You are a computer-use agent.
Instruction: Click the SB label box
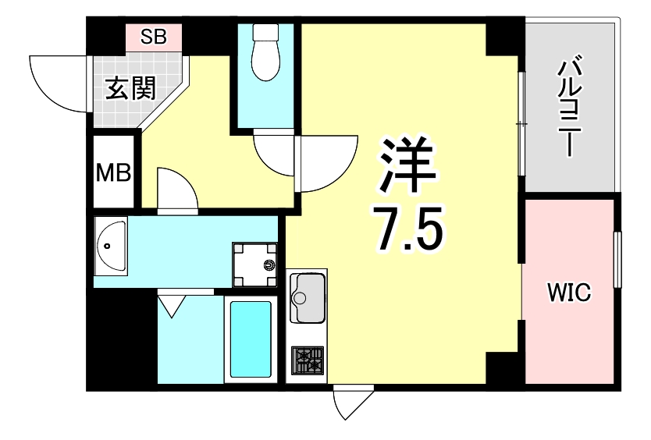point(154,36)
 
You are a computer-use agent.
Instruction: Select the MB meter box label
point(113,172)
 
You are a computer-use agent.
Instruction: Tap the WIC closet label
point(568,292)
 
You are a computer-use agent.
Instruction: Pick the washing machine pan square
point(254,264)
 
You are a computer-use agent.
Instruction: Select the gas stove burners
point(308,360)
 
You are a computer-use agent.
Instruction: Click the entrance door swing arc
point(56,80)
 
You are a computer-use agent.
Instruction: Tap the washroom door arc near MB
point(176,189)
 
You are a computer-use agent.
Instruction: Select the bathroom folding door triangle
point(171,304)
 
